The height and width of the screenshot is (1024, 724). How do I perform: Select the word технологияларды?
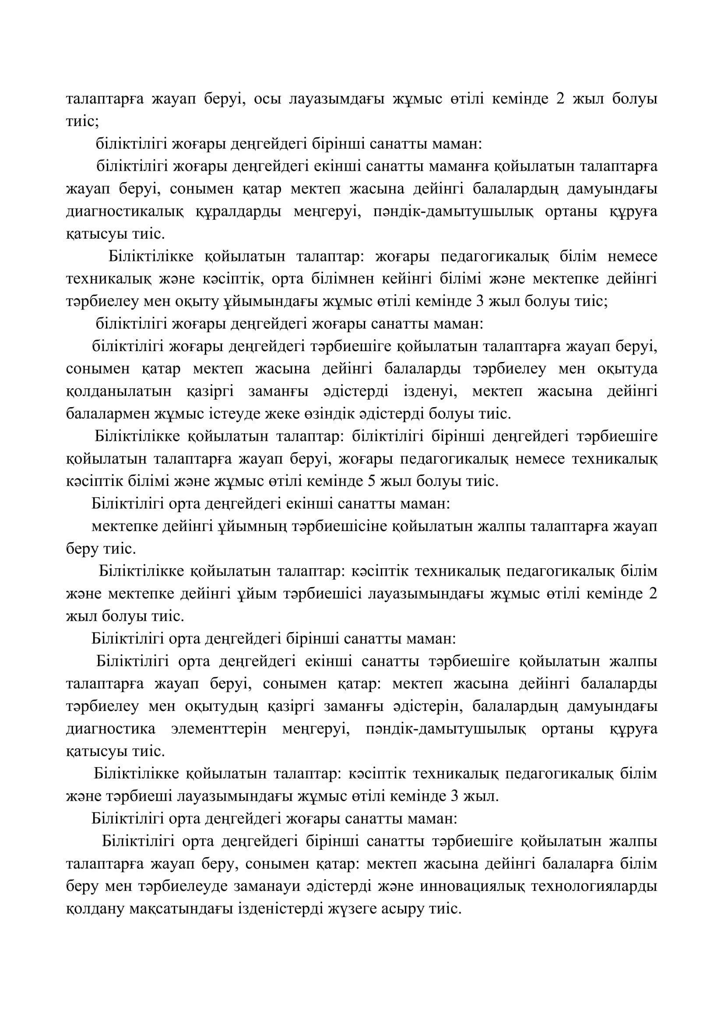coord(594,887)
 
